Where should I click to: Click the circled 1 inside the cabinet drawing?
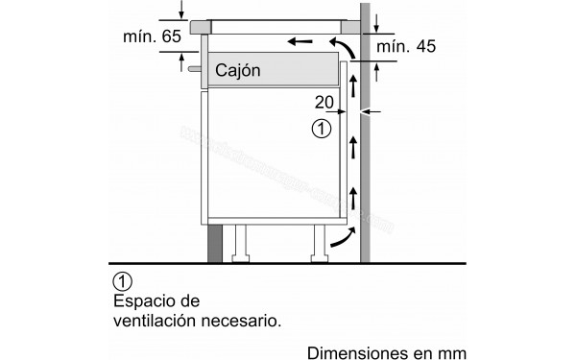[322, 127]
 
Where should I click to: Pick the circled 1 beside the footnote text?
[121, 281]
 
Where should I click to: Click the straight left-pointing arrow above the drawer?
[300, 41]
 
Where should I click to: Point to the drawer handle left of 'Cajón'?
[196, 69]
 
